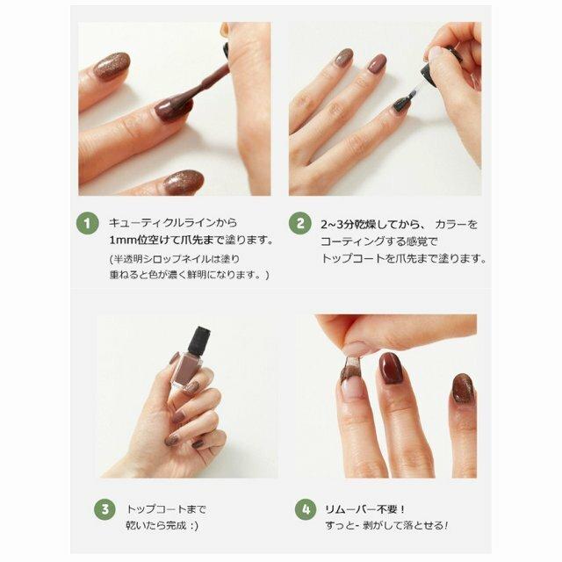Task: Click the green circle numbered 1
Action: (x=87, y=224)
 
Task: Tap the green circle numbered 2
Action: (x=300, y=224)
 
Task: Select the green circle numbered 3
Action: (x=104, y=509)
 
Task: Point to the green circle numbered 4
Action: (x=306, y=509)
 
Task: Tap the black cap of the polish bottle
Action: (x=199, y=340)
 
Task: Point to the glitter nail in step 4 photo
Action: (x=464, y=388)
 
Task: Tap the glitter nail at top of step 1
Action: (x=112, y=67)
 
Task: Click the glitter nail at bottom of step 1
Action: (x=184, y=182)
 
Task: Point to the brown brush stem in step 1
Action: (x=208, y=82)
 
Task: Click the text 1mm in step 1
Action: (x=124, y=240)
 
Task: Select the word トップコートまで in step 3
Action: (x=166, y=509)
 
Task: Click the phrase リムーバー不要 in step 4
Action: (x=361, y=509)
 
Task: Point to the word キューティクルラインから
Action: (x=173, y=222)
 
